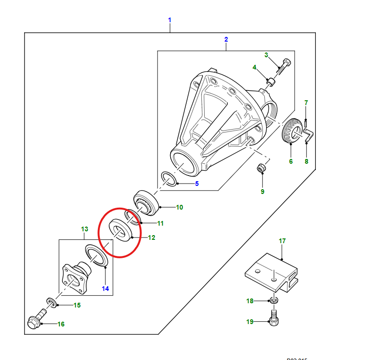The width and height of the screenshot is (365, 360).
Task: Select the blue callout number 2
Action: point(226,39)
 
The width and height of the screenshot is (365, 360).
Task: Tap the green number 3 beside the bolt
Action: point(266,55)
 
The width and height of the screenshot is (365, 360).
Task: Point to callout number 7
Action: point(306,103)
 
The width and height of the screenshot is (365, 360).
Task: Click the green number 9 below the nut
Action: point(262,192)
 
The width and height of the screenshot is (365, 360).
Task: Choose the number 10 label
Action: point(180,207)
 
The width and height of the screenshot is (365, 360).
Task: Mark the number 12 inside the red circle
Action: point(151,237)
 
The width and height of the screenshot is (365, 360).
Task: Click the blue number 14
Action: point(105,288)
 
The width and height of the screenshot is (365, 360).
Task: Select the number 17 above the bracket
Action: point(282,241)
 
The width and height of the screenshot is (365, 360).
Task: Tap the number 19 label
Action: point(250,322)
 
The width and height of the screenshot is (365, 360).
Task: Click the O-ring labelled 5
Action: point(169,179)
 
